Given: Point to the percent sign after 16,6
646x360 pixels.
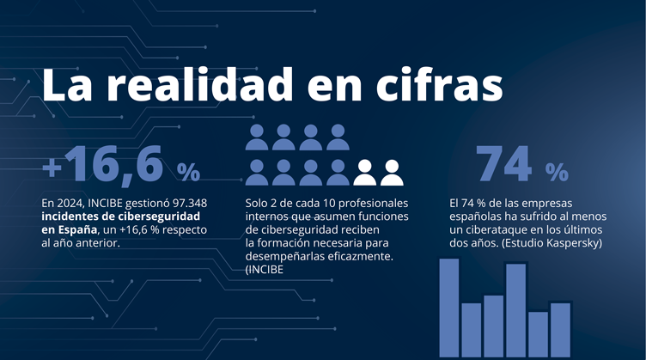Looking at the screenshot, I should (x=188, y=172).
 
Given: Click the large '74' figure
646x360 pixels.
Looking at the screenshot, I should (x=506, y=164).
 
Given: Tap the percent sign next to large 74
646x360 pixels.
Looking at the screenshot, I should (x=556, y=172).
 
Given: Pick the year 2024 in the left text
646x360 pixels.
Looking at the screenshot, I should (x=70, y=203).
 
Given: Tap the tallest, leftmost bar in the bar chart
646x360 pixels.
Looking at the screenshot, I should (x=449, y=308).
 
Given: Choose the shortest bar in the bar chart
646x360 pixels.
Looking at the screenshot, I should (x=539, y=335).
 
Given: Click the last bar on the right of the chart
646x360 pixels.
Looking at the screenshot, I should (x=560, y=330).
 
